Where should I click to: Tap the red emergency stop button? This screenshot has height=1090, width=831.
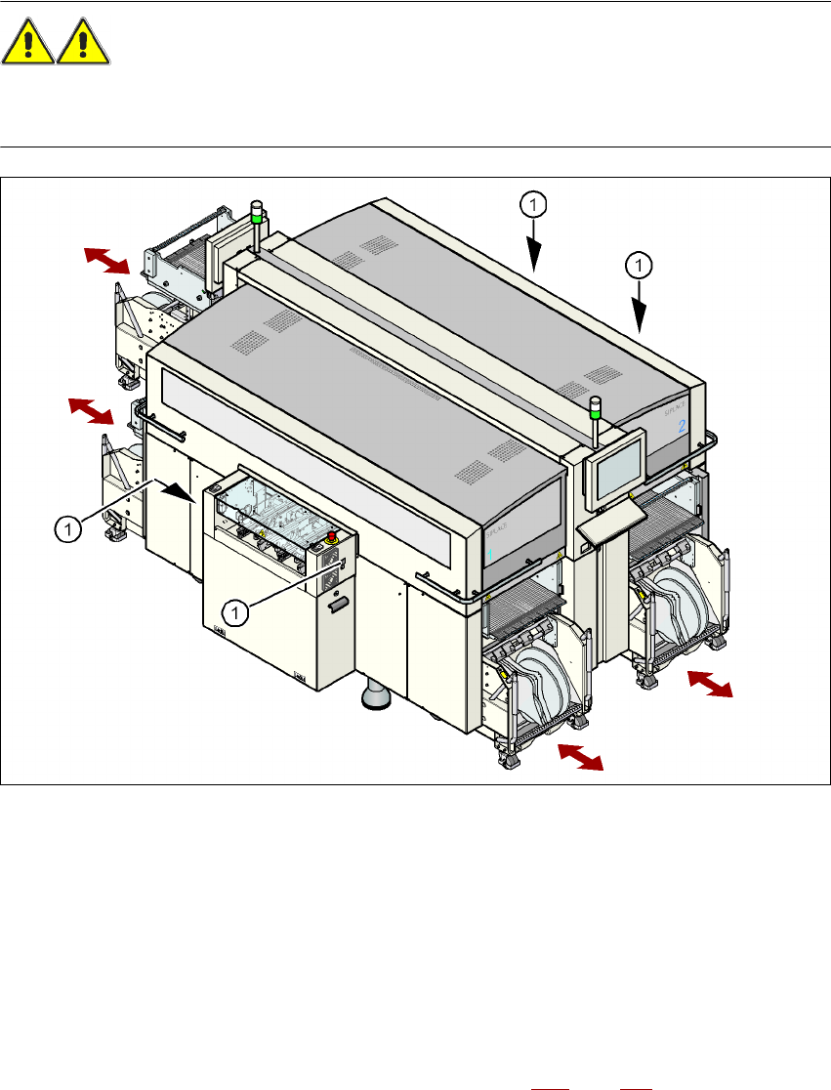(x=333, y=537)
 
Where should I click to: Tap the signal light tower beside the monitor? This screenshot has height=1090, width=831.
(x=593, y=418)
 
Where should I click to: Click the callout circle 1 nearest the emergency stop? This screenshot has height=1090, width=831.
(x=233, y=612)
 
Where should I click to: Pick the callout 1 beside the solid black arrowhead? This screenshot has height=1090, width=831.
(x=67, y=528)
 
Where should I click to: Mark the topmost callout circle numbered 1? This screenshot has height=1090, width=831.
(x=532, y=204)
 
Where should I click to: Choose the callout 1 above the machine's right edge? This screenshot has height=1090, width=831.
(x=638, y=264)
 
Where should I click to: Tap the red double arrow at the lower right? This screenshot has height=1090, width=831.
(x=710, y=684)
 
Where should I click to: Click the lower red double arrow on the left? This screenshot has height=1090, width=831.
(x=91, y=411)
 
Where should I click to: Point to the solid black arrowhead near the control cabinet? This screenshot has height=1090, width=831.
(x=179, y=494)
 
